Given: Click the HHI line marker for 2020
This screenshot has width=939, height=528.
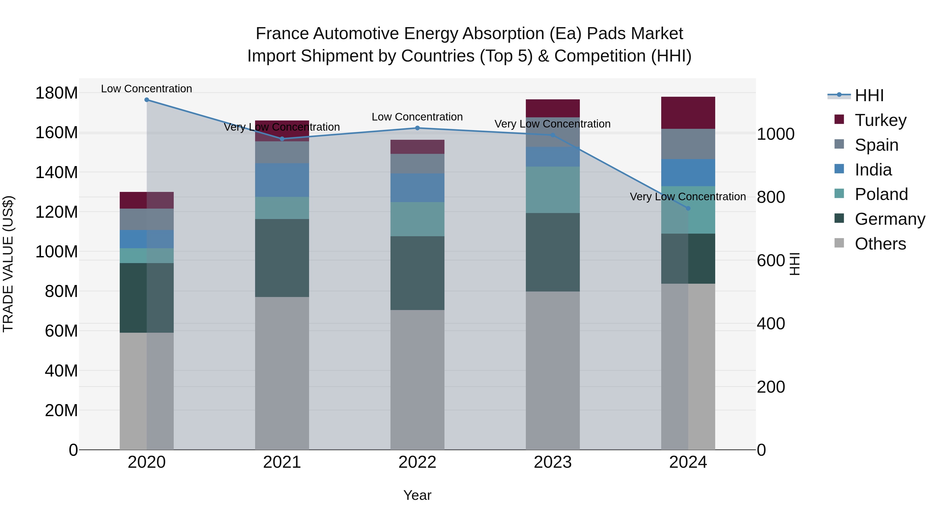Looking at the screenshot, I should coord(147,100).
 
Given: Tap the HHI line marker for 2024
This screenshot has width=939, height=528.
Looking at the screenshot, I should coord(688,208).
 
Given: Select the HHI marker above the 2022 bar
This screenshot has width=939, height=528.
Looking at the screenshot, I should coord(417,128).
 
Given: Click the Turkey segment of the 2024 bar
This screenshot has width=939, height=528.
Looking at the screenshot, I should coord(688,113).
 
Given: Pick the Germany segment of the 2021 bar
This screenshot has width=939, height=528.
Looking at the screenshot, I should coord(282,258).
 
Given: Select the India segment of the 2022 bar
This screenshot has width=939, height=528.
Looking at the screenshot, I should coord(417,188).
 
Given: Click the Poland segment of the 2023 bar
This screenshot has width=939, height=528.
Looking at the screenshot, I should coord(553,190).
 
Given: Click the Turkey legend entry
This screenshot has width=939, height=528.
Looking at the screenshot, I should coord(880,120).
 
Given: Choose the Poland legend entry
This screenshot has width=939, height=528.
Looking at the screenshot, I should coord(881,194).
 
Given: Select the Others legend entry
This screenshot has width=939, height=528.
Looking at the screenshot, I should coord(880,244).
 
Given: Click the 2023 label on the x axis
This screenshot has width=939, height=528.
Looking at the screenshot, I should coord(553,462).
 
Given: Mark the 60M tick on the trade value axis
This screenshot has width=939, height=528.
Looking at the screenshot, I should coord(61,331).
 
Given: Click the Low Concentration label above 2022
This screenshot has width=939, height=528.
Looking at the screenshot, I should coord(417,117).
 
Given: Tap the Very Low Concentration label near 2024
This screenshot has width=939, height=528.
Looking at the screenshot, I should coord(688,197).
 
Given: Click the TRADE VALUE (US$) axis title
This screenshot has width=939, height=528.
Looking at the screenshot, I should coord(8,264).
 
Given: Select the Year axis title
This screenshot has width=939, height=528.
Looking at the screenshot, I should coord(417,495).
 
